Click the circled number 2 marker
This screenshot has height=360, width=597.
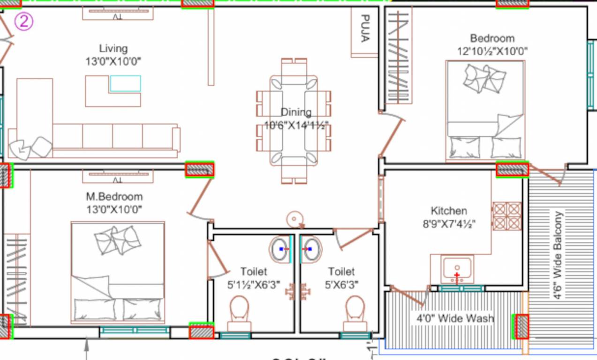(23, 22)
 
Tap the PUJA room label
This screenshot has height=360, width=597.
(364, 29)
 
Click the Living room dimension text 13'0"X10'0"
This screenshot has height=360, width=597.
(113, 61)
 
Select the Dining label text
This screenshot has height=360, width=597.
(295, 112)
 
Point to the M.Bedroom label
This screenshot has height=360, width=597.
(114, 196)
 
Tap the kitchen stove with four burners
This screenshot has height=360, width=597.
(507, 216)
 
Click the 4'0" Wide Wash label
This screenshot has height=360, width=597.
(455, 319)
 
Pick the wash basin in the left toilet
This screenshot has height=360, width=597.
(280, 249)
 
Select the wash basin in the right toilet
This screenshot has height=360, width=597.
(311, 249)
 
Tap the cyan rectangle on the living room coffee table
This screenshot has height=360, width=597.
(125, 83)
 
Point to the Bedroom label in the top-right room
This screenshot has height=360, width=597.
(492, 38)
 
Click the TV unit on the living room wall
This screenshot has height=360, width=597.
(118, 13)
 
